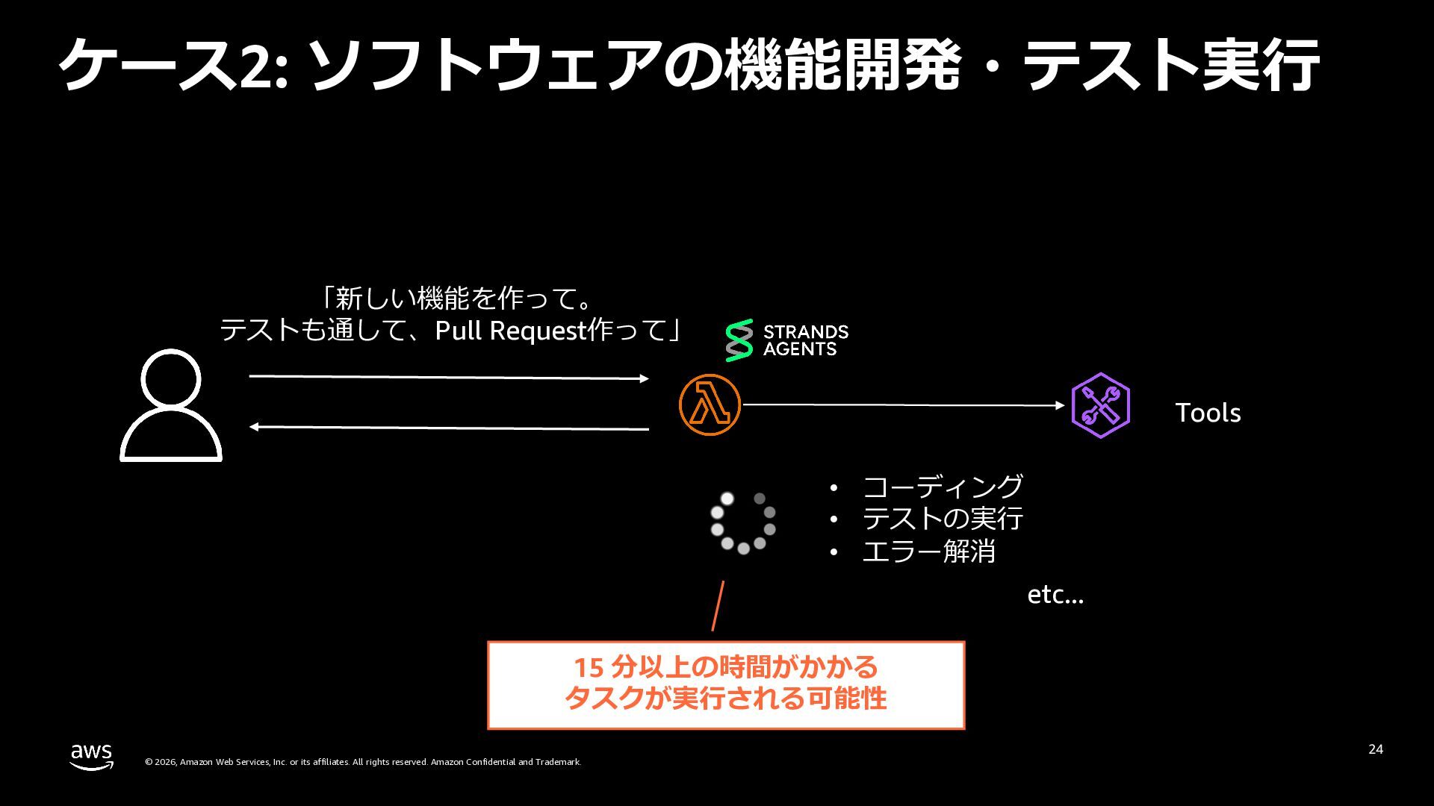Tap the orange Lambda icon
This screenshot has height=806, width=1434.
coord(710,404)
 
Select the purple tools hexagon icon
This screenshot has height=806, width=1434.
coord(1100,405)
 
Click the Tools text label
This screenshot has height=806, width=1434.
coord(1208,413)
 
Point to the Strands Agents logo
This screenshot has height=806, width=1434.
coord(786,340)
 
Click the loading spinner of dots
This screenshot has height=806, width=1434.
coord(742,522)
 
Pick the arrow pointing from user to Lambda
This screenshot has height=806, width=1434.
coord(448,378)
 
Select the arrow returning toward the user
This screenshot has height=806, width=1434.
coord(448,428)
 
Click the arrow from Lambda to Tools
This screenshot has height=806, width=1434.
coord(904,405)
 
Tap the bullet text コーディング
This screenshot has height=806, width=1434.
coord(943,487)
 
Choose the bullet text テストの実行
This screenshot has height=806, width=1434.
coord(943,519)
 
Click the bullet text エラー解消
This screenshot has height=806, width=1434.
coord(929,552)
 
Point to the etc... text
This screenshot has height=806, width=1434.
coord(1055,595)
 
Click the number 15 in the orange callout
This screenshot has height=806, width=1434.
coord(588,666)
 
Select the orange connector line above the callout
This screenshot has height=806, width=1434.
coord(718,605)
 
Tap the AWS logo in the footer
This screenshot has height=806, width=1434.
coord(92,756)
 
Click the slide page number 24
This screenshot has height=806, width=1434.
coord(1376,749)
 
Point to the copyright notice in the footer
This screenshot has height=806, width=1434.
coord(363,762)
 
